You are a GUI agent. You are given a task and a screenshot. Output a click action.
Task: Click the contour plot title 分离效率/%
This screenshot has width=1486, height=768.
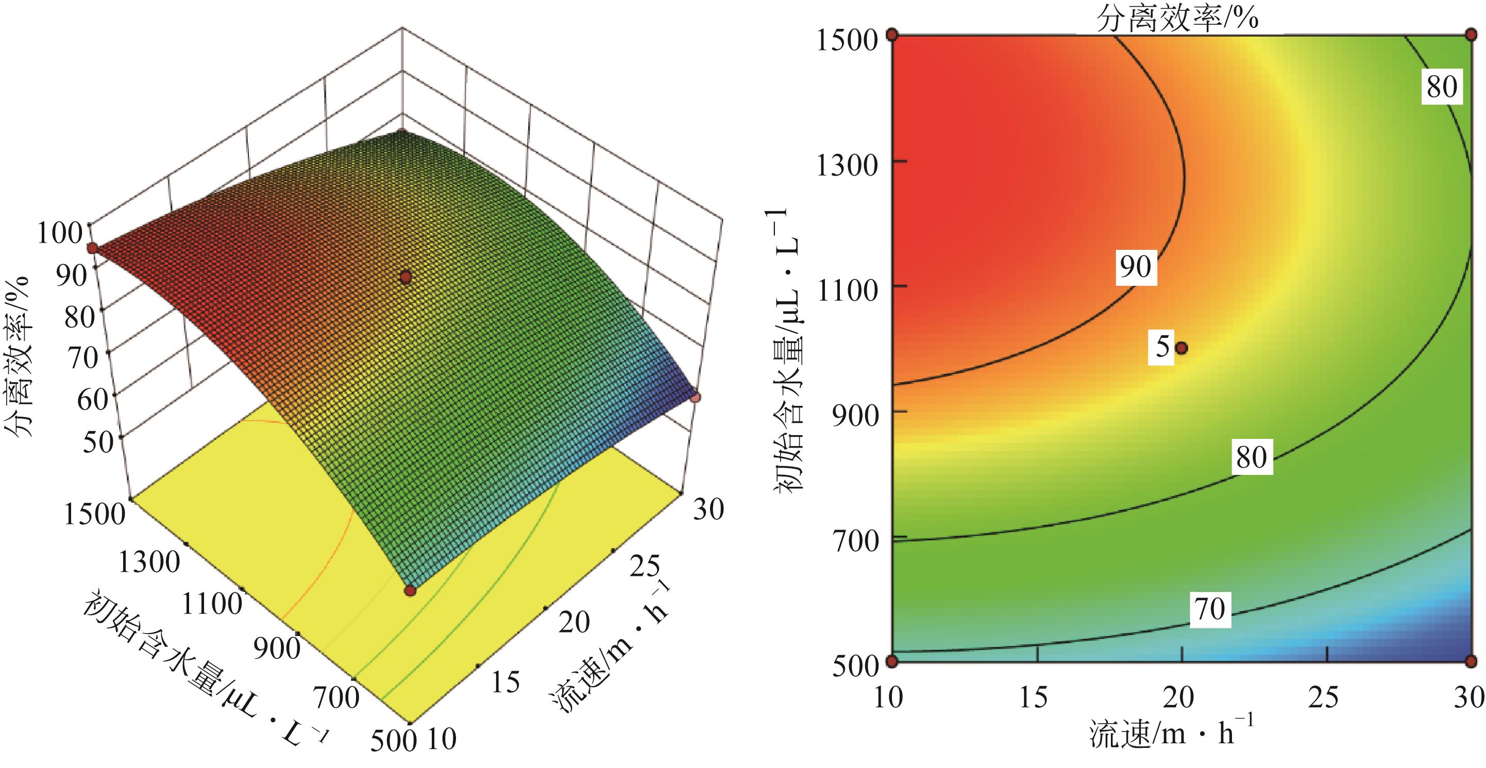coord(1177,19)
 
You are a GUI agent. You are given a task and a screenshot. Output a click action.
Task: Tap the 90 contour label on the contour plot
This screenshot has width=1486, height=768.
coord(1135,266)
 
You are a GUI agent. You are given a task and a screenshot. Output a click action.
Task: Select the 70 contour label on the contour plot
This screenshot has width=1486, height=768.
coord(1210,608)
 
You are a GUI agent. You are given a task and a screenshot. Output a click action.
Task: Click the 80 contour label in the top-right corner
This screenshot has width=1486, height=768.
coord(1442,87)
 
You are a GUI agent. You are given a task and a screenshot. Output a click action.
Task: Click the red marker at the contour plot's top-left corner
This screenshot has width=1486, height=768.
coord(892,35)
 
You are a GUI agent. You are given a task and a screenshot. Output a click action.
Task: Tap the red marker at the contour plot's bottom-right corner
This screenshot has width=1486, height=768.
coord(1471,660)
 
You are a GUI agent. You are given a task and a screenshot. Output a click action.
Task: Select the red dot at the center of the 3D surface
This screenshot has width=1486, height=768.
coord(406,278)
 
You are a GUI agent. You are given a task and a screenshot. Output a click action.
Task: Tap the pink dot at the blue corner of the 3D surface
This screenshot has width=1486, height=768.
coord(696,397)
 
